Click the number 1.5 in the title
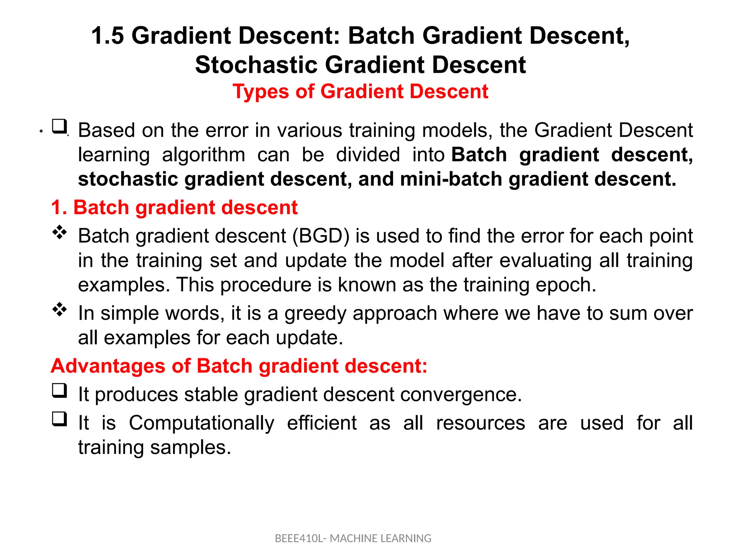point(107,36)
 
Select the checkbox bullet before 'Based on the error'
point(59,126)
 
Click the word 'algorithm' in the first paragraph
point(203,155)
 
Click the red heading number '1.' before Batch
point(59,207)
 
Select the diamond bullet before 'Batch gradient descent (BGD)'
point(60,232)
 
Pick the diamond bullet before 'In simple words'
point(60,309)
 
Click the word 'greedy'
point(315,314)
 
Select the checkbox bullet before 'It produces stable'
point(59,390)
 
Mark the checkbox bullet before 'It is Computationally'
point(59,419)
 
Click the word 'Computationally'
point(201,423)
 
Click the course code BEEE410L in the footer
point(298,538)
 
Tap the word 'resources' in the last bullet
point(480,423)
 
